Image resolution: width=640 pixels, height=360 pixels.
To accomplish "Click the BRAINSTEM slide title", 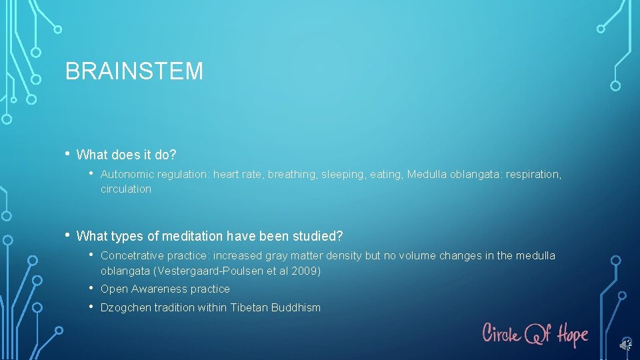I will click(134, 71).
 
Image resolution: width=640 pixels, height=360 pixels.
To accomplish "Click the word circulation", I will click(126, 189).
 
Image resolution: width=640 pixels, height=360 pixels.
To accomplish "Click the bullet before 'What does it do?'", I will click(68, 154).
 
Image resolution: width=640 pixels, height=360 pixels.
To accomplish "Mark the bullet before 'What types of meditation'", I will click(68, 235).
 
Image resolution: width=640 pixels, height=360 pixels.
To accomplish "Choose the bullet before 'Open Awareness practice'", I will click(91, 288).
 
